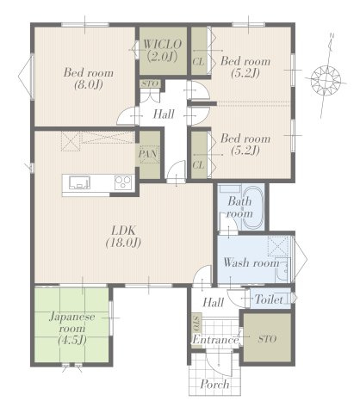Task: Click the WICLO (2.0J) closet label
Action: coord(163,51)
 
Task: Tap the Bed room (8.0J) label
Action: coord(89,78)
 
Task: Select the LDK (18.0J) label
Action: coord(123,237)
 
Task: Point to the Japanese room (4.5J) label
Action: coord(71,328)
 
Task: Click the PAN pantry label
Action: coord(148,154)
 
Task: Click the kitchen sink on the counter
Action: coord(79,182)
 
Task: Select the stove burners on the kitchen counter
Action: coord(123,182)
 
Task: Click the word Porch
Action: coord(214,385)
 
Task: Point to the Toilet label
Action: coord(269,299)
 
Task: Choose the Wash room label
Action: coord(251,262)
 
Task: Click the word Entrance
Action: coord(215,340)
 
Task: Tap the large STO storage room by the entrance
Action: coord(267,339)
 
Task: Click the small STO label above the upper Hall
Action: coord(151,83)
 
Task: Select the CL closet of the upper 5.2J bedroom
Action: coord(199,51)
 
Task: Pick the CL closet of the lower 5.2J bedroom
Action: coord(199,155)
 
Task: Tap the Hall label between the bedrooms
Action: coord(164,114)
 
